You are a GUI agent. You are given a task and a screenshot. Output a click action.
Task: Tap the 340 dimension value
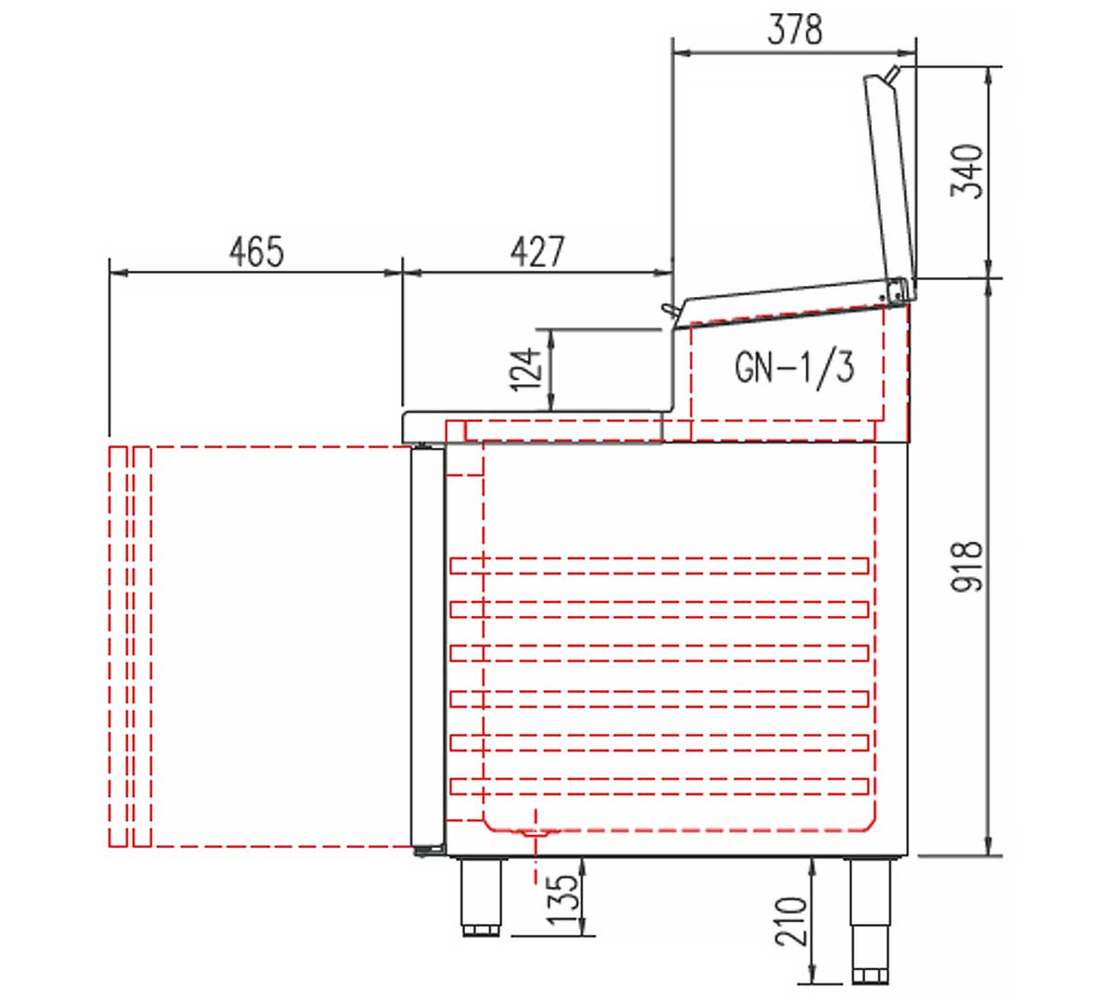(x=966, y=171)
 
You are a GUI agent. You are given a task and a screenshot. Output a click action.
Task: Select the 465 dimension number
(x=256, y=251)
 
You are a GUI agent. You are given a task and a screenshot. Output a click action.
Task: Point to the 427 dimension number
(x=538, y=251)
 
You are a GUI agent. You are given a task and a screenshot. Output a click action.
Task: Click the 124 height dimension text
(x=525, y=369)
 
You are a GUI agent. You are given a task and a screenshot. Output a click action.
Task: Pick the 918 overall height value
(x=966, y=567)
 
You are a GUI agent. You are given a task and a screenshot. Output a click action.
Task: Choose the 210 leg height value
(x=791, y=921)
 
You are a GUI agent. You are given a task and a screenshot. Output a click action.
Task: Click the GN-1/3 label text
(x=794, y=368)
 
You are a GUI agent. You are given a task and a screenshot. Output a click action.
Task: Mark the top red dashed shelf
(x=659, y=566)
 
